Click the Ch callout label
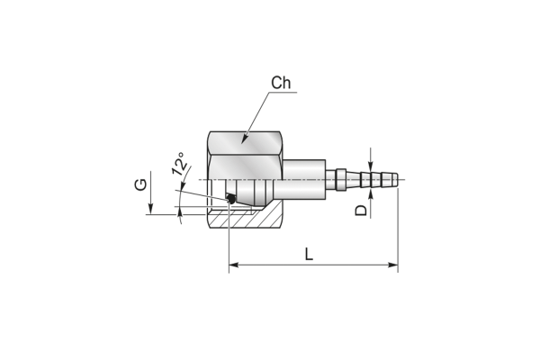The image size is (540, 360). click(x=281, y=83)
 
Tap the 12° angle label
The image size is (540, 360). click(x=180, y=164)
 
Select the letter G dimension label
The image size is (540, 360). click(x=140, y=185)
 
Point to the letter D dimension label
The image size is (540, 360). click(x=361, y=210)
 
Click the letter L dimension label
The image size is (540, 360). click(x=309, y=254)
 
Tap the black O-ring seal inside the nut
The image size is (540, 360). click(x=230, y=199)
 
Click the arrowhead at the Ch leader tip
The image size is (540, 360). click(x=244, y=139)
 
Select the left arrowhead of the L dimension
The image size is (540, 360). click(x=234, y=265)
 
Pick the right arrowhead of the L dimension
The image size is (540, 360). click(x=393, y=265)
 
